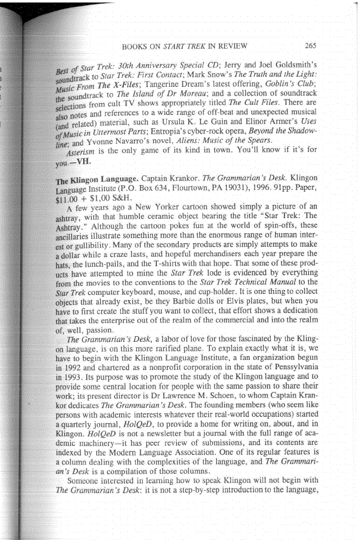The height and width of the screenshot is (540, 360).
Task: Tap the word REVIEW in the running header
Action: (232, 46)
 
